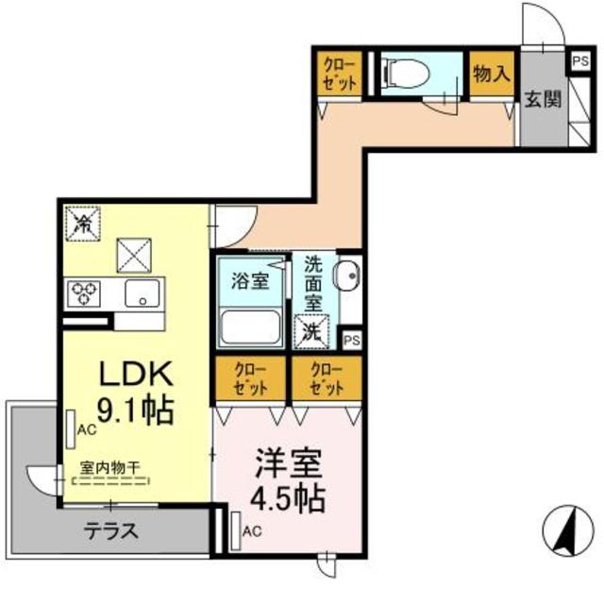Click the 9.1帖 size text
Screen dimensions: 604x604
pyautogui.click(x=139, y=411)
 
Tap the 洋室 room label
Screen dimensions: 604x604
pyautogui.click(x=288, y=465)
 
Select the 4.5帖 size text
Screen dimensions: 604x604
pyautogui.click(x=288, y=498)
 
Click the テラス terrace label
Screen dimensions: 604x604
pyautogui.click(x=110, y=531)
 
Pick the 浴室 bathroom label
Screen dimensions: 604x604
pyautogui.click(x=250, y=281)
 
